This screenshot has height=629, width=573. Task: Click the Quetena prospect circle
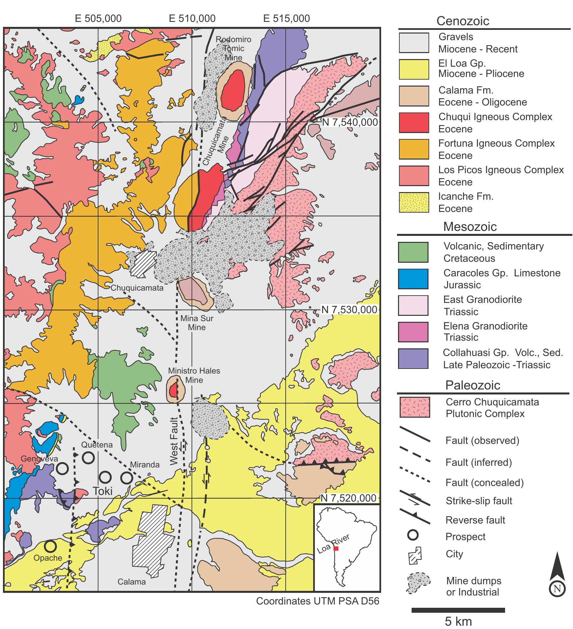tap(88, 458)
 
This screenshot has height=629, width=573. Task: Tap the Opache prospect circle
tap(50, 546)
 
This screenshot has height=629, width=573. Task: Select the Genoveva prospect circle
tap(62, 469)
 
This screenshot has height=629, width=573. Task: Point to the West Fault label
tap(174, 441)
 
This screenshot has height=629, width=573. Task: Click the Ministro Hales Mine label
tap(194, 375)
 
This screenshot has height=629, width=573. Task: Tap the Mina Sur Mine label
tap(197, 323)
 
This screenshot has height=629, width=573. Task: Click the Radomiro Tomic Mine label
tap(233, 48)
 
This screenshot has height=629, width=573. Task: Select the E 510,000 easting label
tap(192, 18)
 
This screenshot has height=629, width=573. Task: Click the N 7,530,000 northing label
tap(350, 310)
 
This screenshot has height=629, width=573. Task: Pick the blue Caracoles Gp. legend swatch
tap(413, 279)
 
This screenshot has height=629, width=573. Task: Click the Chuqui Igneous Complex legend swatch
tap(414, 123)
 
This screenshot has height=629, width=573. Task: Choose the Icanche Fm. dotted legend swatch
tap(414, 202)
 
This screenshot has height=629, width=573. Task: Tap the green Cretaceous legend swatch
tap(413, 252)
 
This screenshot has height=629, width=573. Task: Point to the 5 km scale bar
tap(458, 610)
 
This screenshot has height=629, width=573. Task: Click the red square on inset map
tap(336, 548)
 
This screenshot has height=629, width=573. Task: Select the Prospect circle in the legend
tap(413, 535)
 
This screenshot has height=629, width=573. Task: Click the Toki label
tap(103, 491)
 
